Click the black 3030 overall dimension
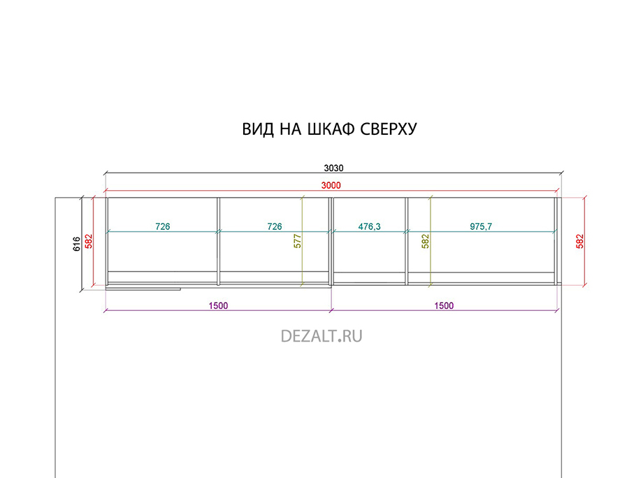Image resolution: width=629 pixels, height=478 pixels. [334, 168]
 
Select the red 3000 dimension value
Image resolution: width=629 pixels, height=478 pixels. [331, 185]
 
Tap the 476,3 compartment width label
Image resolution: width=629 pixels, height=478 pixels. [369, 226]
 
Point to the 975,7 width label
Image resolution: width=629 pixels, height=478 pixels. [481, 226]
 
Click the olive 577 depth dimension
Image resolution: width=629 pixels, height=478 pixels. [297, 241]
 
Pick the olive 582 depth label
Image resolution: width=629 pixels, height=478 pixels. [425, 241]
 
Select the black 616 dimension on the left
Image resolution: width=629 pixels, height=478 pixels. [77, 244]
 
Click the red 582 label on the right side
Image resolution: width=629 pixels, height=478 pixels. [579, 241]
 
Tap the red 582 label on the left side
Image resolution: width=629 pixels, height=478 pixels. [89, 241]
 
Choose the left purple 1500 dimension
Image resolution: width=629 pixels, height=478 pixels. [218, 305]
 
